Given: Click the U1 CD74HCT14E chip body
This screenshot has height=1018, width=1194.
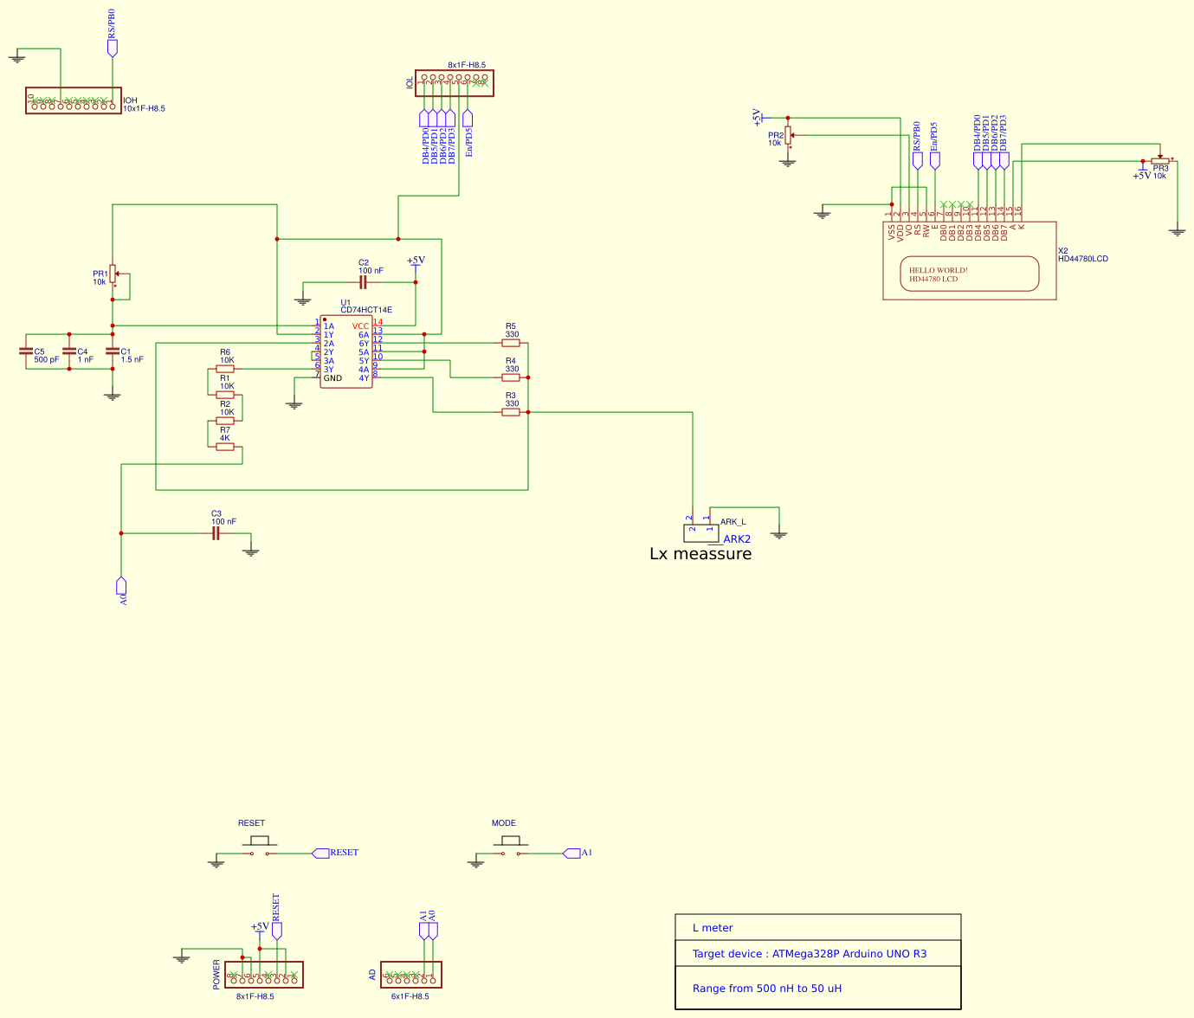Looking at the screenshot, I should pyautogui.click(x=345, y=352).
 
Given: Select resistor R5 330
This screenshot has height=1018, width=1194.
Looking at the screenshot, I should pyautogui.click(x=511, y=343).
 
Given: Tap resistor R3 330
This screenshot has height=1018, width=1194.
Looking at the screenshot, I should pyautogui.click(x=511, y=412).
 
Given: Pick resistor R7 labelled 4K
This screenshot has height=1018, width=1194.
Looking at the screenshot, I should pyautogui.click(x=225, y=447).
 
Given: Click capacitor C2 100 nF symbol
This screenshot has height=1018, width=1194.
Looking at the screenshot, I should pyautogui.click(x=364, y=282).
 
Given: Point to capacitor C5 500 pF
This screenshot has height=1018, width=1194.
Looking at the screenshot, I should pyautogui.click(x=26, y=351).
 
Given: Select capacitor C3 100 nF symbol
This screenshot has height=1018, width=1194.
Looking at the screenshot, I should pyautogui.click(x=216, y=533).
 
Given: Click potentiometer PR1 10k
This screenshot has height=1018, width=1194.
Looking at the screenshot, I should pyautogui.click(x=113, y=274).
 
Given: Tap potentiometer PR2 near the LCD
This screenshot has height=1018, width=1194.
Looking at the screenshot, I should pyautogui.click(x=788, y=136).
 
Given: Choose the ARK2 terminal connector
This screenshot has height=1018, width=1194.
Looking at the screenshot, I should pyautogui.click(x=700, y=532).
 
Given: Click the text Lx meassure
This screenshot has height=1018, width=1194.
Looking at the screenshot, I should pyautogui.click(x=700, y=554).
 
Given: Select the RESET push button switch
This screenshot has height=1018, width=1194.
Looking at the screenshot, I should pyautogui.click(x=259, y=847).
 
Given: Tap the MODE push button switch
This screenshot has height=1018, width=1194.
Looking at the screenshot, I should pyautogui.click(x=511, y=847).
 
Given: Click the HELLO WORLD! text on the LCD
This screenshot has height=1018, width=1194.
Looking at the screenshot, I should pyautogui.click(x=938, y=270).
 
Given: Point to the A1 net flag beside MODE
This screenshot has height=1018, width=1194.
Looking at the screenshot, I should pyautogui.click(x=572, y=854).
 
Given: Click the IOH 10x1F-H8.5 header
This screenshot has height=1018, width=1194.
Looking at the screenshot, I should pyautogui.click(x=73, y=101).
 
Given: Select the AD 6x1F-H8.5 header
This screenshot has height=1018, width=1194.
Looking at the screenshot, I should pyautogui.click(x=411, y=975).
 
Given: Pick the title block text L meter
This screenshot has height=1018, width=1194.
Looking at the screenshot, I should pyautogui.click(x=713, y=928).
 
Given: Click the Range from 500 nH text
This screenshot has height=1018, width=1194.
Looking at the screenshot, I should pyautogui.click(x=766, y=989).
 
